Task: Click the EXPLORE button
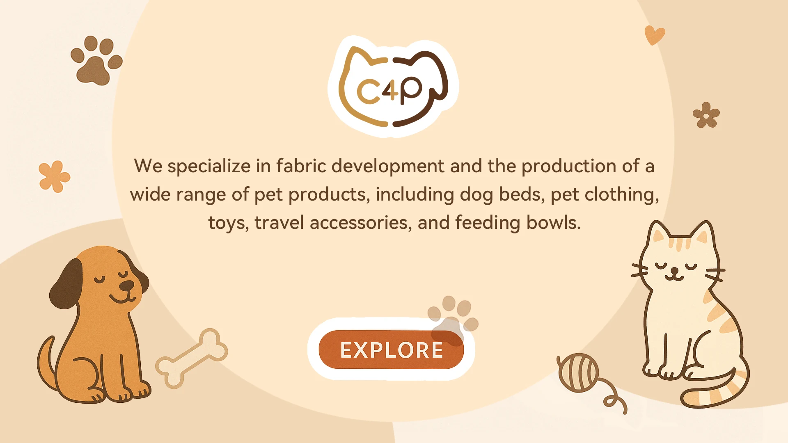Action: pyautogui.click(x=391, y=349)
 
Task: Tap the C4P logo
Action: pyautogui.click(x=393, y=87)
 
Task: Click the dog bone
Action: pyautogui.click(x=191, y=358)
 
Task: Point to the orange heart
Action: pyautogui.click(x=654, y=35)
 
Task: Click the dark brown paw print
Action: pyautogui.click(x=96, y=60)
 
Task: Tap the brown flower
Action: pyautogui.click(x=706, y=115)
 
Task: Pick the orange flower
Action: pyautogui.click(x=54, y=176)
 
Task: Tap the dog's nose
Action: pyautogui.click(x=128, y=285)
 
